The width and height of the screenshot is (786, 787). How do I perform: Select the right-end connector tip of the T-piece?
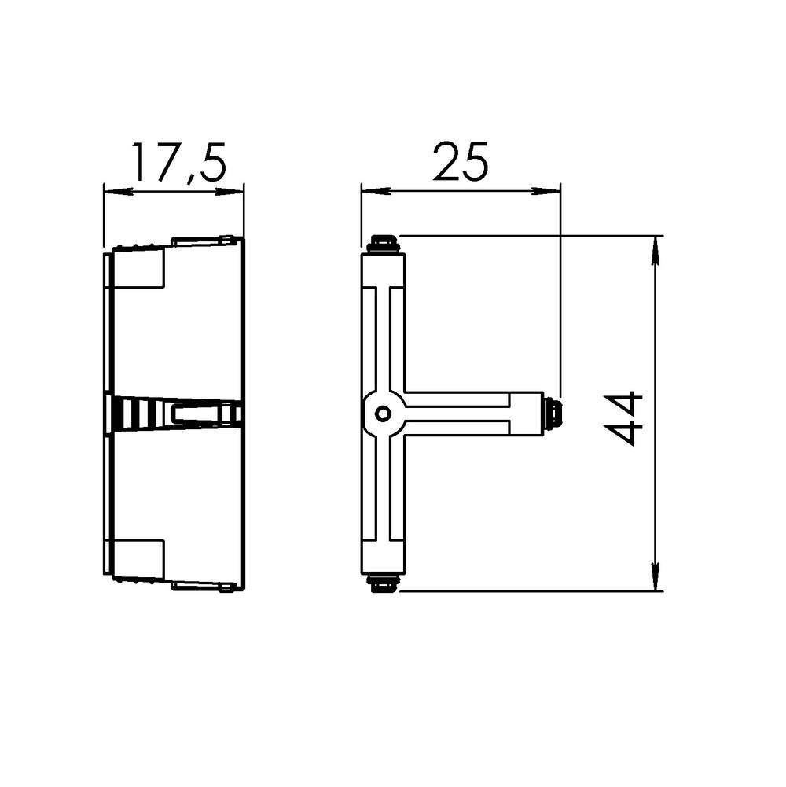click(553, 413)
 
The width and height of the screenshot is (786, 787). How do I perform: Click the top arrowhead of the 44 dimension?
click(656, 248)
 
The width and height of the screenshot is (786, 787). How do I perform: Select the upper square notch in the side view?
click(139, 267)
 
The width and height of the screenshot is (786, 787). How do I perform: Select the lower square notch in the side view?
click(139, 559)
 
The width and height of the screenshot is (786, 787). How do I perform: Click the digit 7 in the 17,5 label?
click(166, 163)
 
